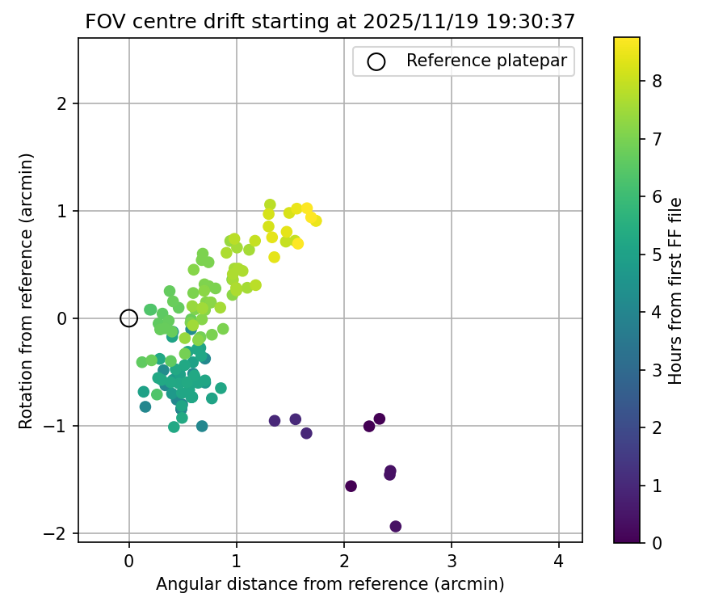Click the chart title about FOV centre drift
tap(330, 22)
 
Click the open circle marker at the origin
tap(128, 318)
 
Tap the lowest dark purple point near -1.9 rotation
tap(396, 527)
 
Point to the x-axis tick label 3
tap(452, 561)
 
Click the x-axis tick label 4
tap(559, 561)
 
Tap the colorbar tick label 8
tap(658, 81)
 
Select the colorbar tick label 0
tap(658, 543)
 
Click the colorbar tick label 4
tap(658, 312)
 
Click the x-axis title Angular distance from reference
tap(330, 584)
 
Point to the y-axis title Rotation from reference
tap(27, 290)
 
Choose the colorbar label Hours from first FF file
tap(676, 290)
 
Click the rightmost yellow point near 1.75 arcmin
tap(316, 221)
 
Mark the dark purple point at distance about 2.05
tap(351, 486)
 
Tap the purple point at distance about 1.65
tap(306, 433)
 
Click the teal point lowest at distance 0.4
tap(174, 427)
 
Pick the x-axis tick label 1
tap(237, 561)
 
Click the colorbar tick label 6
tap(658, 196)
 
